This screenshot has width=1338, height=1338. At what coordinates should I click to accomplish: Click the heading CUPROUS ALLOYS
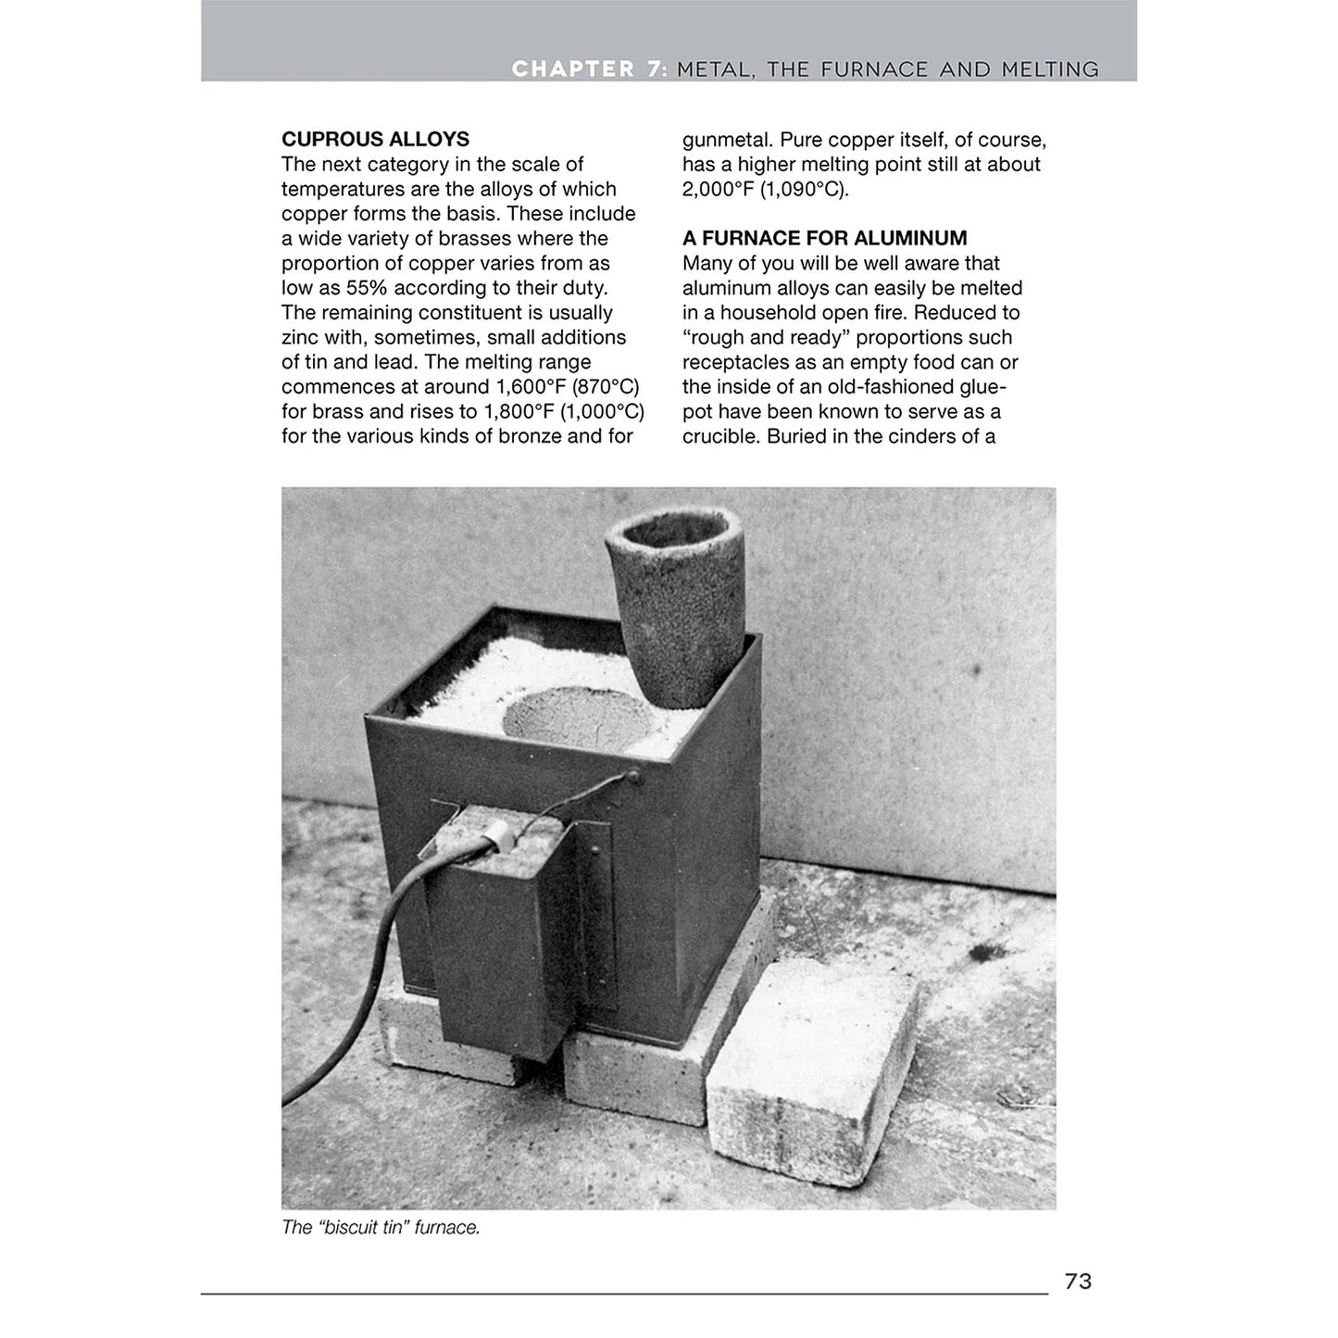click(375, 140)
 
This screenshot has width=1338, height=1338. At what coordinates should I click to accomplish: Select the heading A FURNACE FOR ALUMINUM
click(824, 239)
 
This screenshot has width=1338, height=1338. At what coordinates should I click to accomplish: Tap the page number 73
click(1078, 1282)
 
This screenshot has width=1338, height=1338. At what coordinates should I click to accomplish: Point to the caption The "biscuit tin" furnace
click(381, 1228)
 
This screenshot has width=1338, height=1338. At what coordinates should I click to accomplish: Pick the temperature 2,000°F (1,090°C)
click(765, 190)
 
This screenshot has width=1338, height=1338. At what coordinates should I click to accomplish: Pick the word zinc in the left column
click(300, 338)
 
